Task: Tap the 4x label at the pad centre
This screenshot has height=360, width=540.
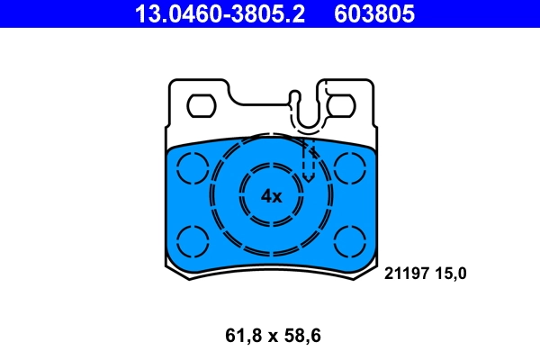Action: (x=271, y=195)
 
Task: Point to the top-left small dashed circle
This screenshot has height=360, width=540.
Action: (x=191, y=167)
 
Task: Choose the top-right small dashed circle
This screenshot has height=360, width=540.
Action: (x=349, y=167)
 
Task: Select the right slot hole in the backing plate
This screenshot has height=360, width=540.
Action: (x=340, y=105)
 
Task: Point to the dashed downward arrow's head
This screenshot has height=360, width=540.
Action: (x=308, y=175)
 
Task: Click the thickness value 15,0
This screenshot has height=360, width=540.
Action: (x=451, y=273)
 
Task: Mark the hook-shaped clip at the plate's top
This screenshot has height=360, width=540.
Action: (x=306, y=112)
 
